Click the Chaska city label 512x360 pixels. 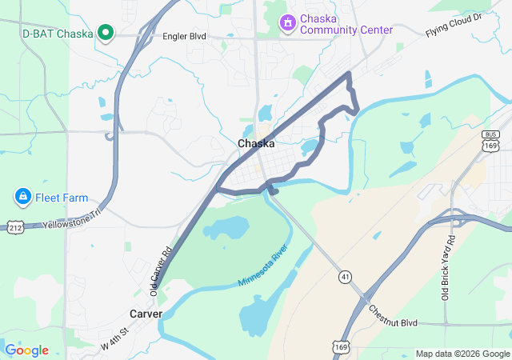(x=256, y=144)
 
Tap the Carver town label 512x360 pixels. (x=146, y=314)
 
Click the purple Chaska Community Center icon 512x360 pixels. (x=287, y=23)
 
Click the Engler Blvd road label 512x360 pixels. (x=184, y=37)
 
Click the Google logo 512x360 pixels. (x=26, y=350)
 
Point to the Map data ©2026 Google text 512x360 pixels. (x=462, y=354)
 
